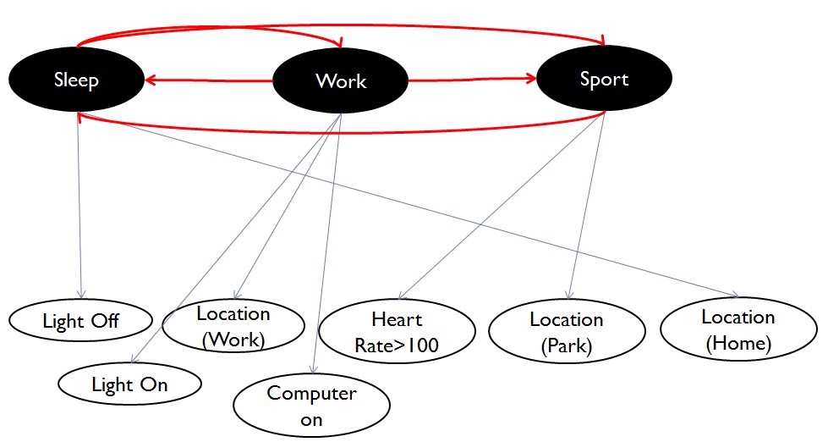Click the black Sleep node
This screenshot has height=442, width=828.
77,80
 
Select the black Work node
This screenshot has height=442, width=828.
341,80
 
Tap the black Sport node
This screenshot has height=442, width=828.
604,78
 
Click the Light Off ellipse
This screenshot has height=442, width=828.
81,320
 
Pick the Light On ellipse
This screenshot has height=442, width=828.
130,384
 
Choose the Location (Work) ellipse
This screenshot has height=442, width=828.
233,326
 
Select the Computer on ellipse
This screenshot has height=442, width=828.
311,406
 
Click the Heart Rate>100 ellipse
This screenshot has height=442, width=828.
398,332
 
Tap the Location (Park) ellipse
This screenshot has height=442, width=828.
567,332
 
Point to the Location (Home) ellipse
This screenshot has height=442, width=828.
738,329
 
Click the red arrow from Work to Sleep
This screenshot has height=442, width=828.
209,80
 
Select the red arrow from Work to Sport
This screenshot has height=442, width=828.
473,80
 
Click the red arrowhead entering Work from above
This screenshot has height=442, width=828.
338,42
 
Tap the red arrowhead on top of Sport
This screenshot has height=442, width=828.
603,41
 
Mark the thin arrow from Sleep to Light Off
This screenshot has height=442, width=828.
80,205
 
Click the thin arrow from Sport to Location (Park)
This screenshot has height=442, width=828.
587,206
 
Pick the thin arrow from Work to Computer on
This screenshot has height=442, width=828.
327,244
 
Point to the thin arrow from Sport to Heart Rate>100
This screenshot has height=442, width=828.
502,206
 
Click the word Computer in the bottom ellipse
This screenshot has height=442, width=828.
311,394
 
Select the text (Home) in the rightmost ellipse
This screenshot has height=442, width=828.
738,344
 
